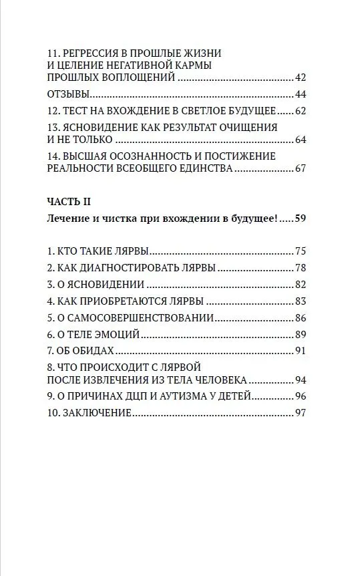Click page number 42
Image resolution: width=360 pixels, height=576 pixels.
(299, 78)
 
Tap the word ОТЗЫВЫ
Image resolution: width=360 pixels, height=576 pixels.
(69, 94)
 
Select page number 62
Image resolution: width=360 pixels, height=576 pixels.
(299, 110)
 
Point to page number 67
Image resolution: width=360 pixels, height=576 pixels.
(299, 168)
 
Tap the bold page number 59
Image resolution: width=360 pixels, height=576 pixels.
(299, 219)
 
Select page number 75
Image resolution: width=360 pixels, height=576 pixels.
(299, 251)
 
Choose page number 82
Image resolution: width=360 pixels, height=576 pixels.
(299, 284)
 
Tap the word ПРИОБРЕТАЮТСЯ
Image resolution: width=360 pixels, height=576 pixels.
(128, 301)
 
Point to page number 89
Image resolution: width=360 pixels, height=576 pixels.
(299, 333)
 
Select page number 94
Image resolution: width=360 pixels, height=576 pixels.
(299, 380)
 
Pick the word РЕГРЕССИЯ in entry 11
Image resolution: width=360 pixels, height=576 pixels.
(96, 52)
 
